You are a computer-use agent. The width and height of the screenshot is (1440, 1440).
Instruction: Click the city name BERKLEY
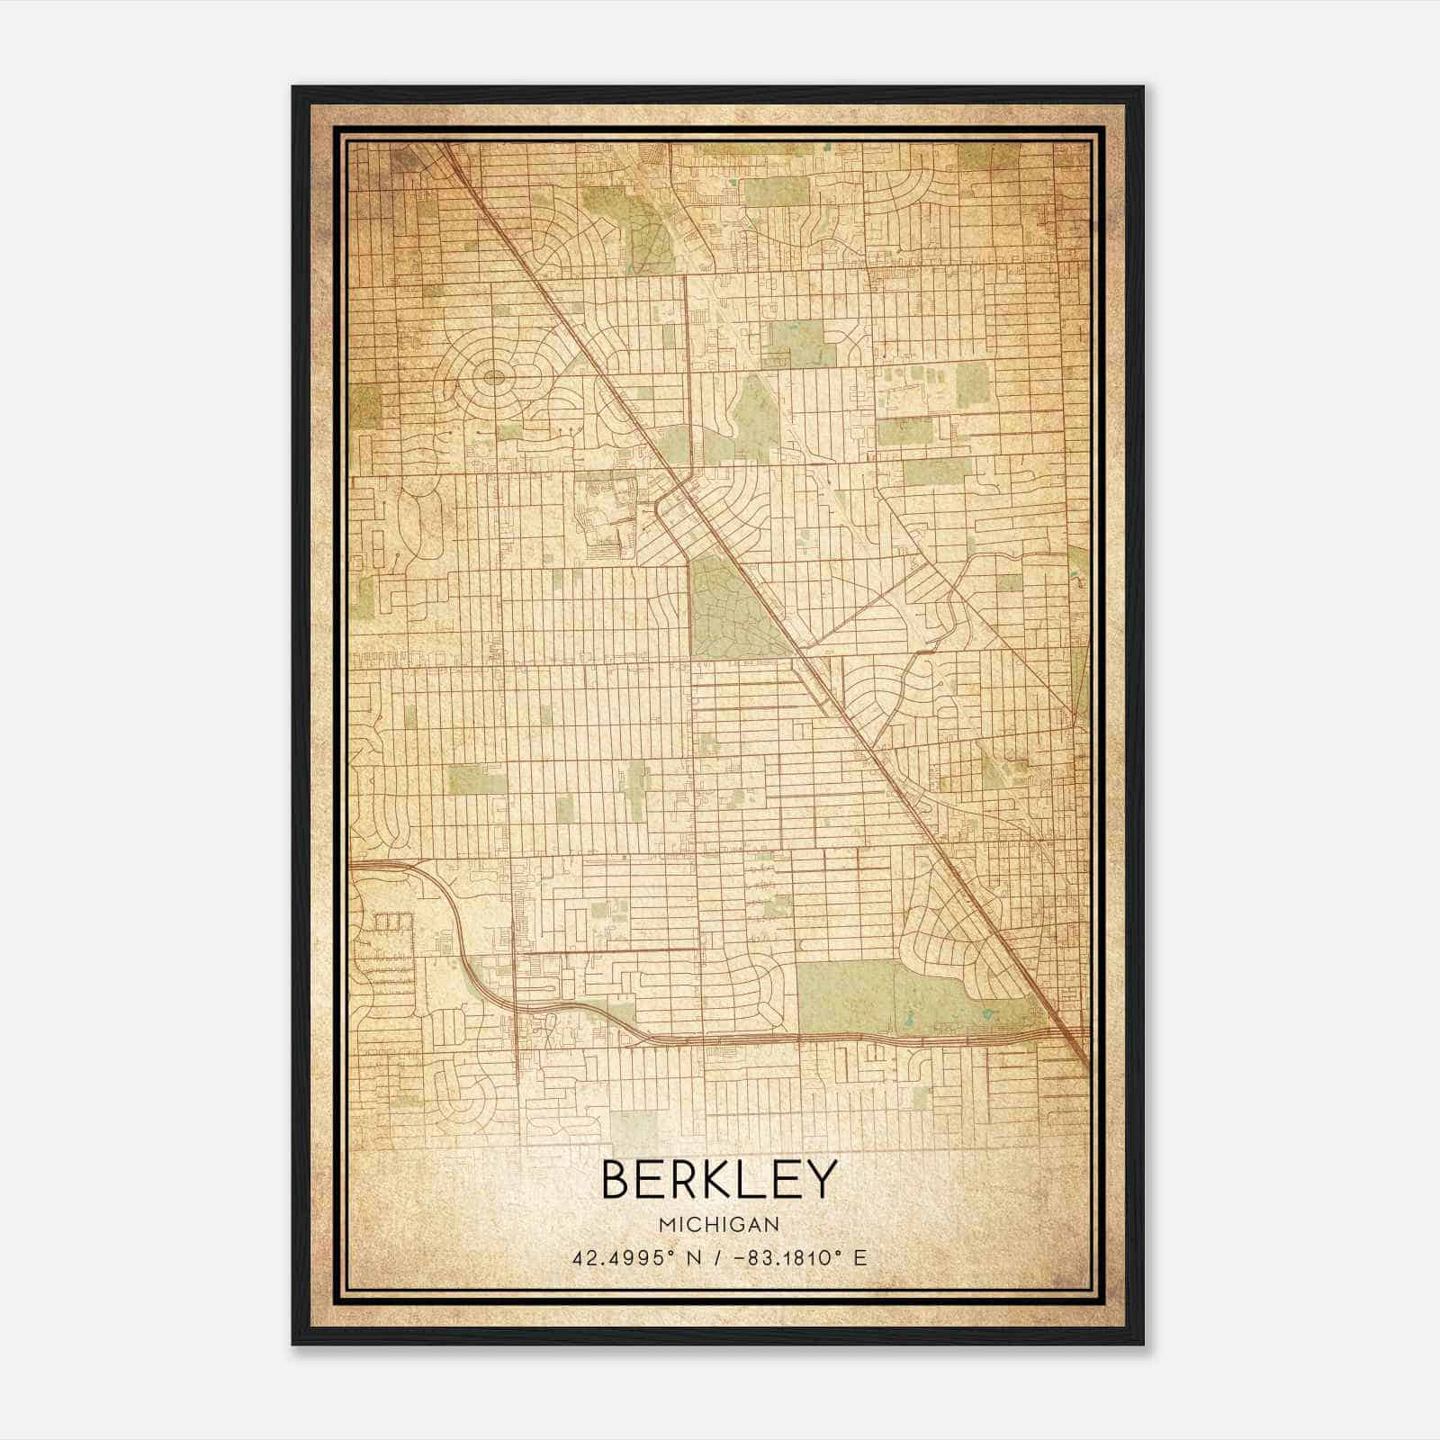pyautogui.click(x=719, y=1180)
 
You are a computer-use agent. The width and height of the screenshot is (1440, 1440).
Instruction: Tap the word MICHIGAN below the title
pyautogui.click(x=719, y=1224)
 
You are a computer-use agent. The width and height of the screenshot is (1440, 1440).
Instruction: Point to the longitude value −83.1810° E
pyautogui.click(x=794, y=1257)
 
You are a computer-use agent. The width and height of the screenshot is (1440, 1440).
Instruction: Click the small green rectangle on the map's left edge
pyautogui.click(x=365, y=405)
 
